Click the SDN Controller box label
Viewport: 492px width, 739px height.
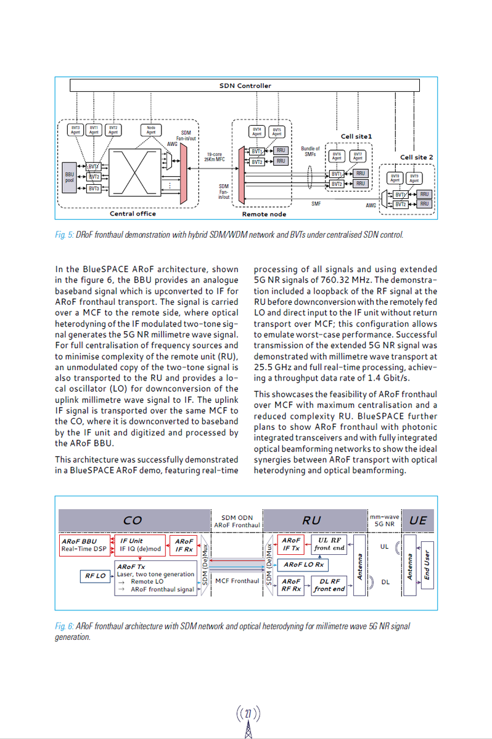245,86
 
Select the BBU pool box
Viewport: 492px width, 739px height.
70,178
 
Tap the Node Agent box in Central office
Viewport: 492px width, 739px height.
151,129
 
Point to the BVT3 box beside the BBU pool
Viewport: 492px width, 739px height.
94,188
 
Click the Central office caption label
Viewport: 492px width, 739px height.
133,214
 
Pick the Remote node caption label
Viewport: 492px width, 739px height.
264,214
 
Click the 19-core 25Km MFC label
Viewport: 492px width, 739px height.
215,156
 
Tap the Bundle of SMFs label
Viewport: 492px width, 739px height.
310,151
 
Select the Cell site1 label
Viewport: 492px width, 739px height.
356,136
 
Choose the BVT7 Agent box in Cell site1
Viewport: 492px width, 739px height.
358,156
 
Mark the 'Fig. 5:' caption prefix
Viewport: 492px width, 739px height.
64,235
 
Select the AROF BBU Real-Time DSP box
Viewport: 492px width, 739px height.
83,545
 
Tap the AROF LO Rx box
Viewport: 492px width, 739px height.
303,564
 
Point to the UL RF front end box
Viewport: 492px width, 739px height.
329,544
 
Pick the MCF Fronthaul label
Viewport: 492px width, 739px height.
237,581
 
